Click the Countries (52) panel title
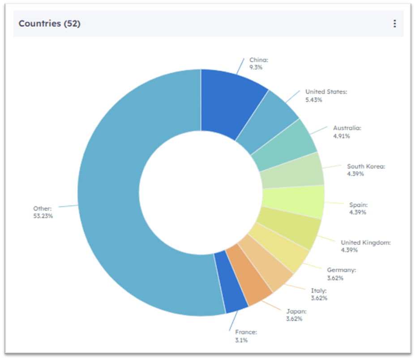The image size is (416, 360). [x=49, y=24]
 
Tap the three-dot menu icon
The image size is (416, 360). [x=394, y=24]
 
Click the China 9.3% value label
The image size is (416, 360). [x=256, y=67]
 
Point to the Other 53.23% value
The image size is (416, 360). [x=43, y=216]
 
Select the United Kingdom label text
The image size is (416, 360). [x=365, y=243]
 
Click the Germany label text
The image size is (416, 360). [x=341, y=270]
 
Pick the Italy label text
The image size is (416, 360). [x=318, y=291]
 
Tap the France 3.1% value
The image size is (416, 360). [x=241, y=340]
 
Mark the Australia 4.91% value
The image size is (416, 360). [x=341, y=136]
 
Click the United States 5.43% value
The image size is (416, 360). [x=314, y=99]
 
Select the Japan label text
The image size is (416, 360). [x=296, y=311]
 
